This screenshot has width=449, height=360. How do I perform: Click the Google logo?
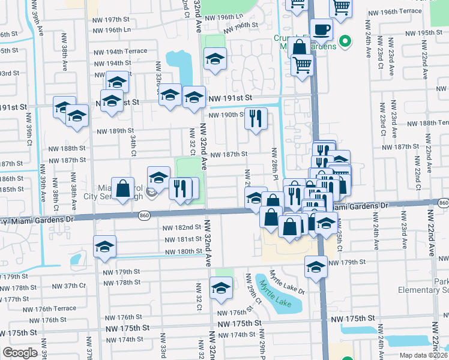pyautogui.click(x=20, y=352)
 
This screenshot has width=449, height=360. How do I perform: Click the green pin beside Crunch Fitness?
pyautogui.click(x=345, y=41)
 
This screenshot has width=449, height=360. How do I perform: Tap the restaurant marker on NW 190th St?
pyautogui.click(x=256, y=118)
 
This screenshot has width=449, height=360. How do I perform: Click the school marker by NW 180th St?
pyautogui.click(x=104, y=247)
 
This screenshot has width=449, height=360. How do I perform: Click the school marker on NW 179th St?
pyautogui.click(x=316, y=266)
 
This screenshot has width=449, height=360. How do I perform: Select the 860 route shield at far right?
pyautogui.click(x=443, y=203)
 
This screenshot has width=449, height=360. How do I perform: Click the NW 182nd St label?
pyautogui.click(x=181, y=227)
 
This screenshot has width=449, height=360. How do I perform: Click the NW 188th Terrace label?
pyautogui.click(x=421, y=122)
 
